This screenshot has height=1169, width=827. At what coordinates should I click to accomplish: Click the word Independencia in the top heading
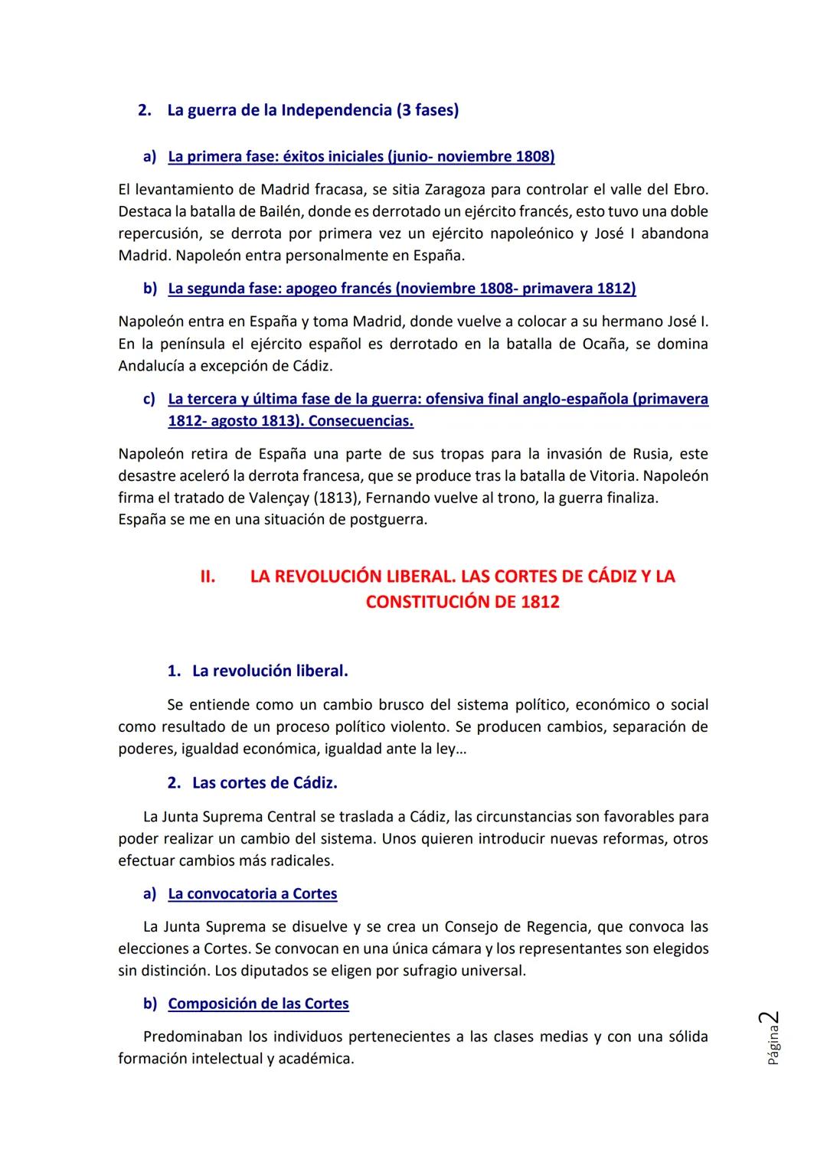click(x=336, y=110)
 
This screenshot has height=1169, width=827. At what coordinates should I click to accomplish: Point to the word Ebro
click(x=689, y=189)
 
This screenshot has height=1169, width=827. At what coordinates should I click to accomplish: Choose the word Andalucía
click(x=155, y=366)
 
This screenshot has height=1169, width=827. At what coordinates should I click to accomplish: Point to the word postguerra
click(x=387, y=520)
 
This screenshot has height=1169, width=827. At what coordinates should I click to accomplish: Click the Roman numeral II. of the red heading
click(x=208, y=576)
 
